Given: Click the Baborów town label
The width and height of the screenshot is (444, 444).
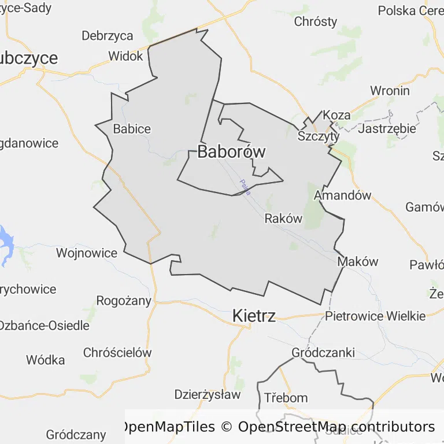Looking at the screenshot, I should pyautogui.click(x=231, y=152).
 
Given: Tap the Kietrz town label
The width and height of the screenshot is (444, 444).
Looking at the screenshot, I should pyautogui.click(x=254, y=316).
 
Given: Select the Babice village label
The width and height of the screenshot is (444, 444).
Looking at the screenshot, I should pyautogui.click(x=132, y=129).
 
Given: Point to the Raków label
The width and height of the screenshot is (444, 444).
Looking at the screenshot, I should pyautogui.click(x=283, y=219).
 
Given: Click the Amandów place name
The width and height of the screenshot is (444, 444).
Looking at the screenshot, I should pyautogui.click(x=342, y=195).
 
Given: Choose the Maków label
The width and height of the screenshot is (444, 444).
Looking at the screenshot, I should pyautogui.click(x=357, y=261).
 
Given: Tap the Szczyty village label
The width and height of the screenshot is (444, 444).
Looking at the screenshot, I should pyautogui.click(x=319, y=136).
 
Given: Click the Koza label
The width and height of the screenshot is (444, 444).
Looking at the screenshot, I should pyautogui.click(x=336, y=115).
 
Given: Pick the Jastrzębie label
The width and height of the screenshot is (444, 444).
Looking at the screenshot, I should pyautogui.click(x=387, y=128).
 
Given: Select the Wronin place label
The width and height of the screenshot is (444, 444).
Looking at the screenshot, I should pyautogui.click(x=390, y=91).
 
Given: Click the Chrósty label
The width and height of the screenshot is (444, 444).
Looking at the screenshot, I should pyautogui.click(x=316, y=22).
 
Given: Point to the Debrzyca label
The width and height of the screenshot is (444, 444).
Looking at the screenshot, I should pyautogui.click(x=108, y=36).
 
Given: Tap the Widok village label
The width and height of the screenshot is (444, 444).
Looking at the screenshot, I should pyautogui.click(x=125, y=56).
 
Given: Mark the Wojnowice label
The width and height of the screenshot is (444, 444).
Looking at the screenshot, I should pyautogui.click(x=87, y=253).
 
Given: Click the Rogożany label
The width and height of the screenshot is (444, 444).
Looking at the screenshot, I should pyautogui.click(x=124, y=301).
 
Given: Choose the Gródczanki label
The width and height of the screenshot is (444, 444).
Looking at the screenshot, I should pyautogui.click(x=323, y=353).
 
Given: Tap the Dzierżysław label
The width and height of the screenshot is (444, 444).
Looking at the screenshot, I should pyautogui.click(x=207, y=395).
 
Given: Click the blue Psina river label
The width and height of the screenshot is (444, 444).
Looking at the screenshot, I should pyautogui.click(x=245, y=187).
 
